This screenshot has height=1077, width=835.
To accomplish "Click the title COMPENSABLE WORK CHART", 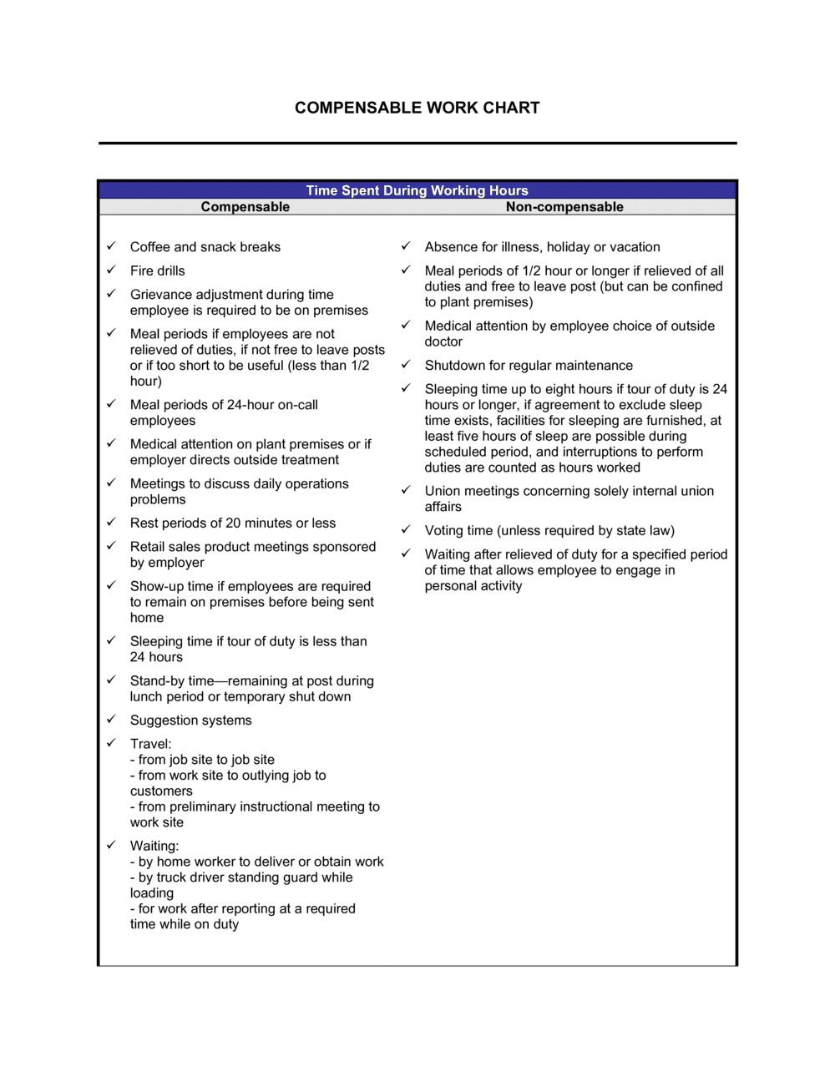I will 417,108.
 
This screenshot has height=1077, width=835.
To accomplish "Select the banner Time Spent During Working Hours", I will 417,190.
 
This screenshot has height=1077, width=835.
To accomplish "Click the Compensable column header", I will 245,207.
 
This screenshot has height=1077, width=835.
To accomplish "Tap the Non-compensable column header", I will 564,207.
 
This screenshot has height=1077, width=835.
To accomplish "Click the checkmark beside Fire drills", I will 111,270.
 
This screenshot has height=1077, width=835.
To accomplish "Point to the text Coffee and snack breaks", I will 205,247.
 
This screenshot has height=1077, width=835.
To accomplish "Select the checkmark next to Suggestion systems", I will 111,719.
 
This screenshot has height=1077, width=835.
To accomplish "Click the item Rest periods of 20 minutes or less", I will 232,523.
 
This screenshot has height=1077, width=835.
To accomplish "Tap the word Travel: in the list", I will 150,744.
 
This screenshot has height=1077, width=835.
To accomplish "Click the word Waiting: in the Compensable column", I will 154,846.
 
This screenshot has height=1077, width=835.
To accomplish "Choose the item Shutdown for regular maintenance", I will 528,366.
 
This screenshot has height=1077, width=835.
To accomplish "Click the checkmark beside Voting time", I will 406,529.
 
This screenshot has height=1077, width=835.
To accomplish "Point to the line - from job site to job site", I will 202,760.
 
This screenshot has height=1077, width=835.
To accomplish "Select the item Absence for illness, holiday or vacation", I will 542,247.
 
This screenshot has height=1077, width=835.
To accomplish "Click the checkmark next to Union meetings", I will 406,490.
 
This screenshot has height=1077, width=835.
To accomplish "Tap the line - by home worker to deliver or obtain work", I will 256,862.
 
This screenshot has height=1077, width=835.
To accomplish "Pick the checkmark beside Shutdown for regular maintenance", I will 406,365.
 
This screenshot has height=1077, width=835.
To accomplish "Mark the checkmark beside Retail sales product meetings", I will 111,546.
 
